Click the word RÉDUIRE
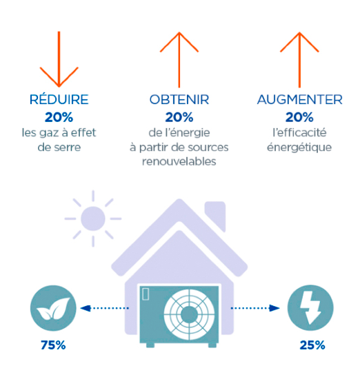(x=59, y=99)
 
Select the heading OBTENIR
(x=179, y=99)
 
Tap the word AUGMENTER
(x=299, y=99)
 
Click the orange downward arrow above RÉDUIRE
(x=59, y=59)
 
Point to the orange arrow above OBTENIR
(x=179, y=60)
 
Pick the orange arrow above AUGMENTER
(x=299, y=60)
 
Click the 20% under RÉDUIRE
(x=59, y=117)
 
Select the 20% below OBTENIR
(x=179, y=117)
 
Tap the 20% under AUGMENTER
(x=299, y=117)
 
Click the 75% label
(x=53, y=345)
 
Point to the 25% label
(x=312, y=345)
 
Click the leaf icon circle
(x=53, y=308)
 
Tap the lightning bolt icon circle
(x=310, y=308)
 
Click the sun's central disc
(x=93, y=218)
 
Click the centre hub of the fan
(x=189, y=314)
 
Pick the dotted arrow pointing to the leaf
(x=104, y=308)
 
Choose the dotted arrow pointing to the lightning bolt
(x=255, y=308)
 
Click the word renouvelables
(x=179, y=161)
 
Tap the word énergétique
(x=299, y=147)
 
